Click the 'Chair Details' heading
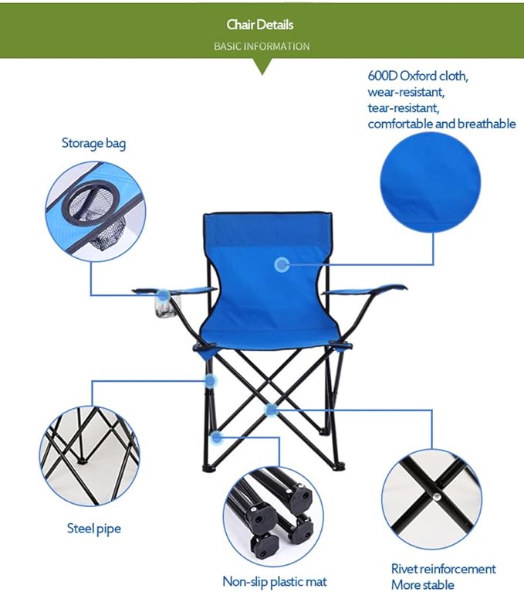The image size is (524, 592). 261,25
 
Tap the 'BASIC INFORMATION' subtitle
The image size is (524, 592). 262,46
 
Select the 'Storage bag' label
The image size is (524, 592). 93,144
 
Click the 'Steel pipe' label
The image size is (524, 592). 93,529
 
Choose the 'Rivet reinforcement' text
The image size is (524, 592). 443,570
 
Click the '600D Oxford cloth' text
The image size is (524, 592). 418,77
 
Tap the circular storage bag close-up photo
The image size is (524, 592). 95,211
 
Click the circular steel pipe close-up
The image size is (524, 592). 90,456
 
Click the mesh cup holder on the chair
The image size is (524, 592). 164,308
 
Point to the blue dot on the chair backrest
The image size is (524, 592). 282,264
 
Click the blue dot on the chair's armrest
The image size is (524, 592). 163,295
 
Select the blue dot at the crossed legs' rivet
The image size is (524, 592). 270,410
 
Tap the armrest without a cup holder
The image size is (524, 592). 363,290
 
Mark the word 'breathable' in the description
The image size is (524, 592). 486,124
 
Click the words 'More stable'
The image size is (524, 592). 422,585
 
